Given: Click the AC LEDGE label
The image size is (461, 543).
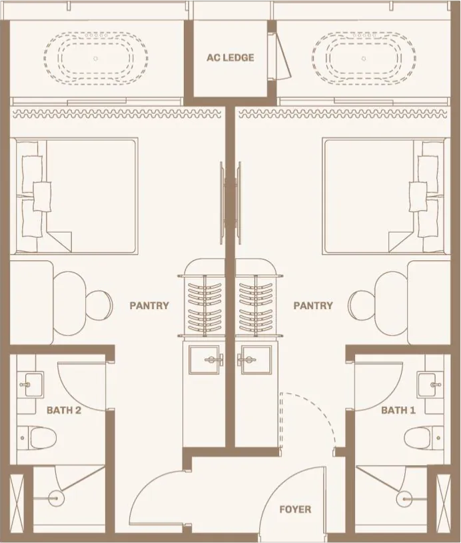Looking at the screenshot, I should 230,58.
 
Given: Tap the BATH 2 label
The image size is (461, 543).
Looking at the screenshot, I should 64,410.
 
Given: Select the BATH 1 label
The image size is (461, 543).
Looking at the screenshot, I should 398,410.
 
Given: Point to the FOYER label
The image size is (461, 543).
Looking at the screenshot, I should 295,510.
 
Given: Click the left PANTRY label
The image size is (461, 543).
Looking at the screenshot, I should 149,306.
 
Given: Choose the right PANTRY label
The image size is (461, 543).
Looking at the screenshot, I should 313,306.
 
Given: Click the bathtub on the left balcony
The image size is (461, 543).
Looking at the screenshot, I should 96,59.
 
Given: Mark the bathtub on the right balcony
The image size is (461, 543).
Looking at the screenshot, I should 363,59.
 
